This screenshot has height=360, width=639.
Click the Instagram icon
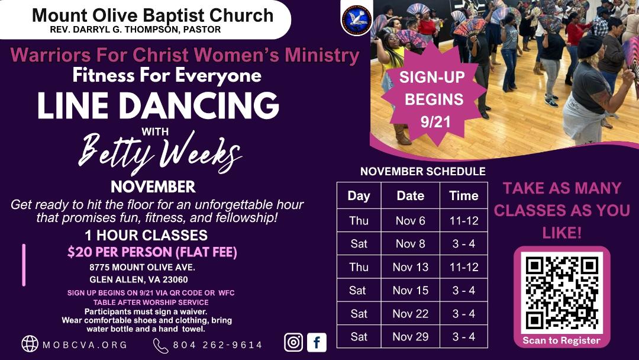[293, 342]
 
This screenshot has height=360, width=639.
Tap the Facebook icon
[317, 342]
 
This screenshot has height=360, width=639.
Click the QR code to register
[562, 292]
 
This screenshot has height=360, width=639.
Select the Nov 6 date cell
[411, 221]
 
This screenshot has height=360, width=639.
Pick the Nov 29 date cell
[411, 336]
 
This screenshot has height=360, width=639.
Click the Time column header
[464, 196]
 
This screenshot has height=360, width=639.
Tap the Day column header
[359, 196]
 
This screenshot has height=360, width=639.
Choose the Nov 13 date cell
[411, 267]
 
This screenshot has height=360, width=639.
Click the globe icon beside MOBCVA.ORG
[30, 343]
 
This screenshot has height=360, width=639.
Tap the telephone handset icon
[160, 346]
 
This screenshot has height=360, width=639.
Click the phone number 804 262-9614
[218, 345]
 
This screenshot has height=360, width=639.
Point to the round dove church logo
[357, 20]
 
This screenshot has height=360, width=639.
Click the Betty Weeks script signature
[160, 152]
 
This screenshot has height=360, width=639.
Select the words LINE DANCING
[159, 105]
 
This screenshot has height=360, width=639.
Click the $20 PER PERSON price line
[152, 252]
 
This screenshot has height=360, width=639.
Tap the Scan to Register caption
[561, 340]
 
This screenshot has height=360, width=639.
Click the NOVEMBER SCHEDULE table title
[423, 171]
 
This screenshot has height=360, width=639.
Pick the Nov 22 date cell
[411, 314]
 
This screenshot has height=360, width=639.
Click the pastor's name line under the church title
[135, 30]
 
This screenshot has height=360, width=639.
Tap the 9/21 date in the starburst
[435, 121]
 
